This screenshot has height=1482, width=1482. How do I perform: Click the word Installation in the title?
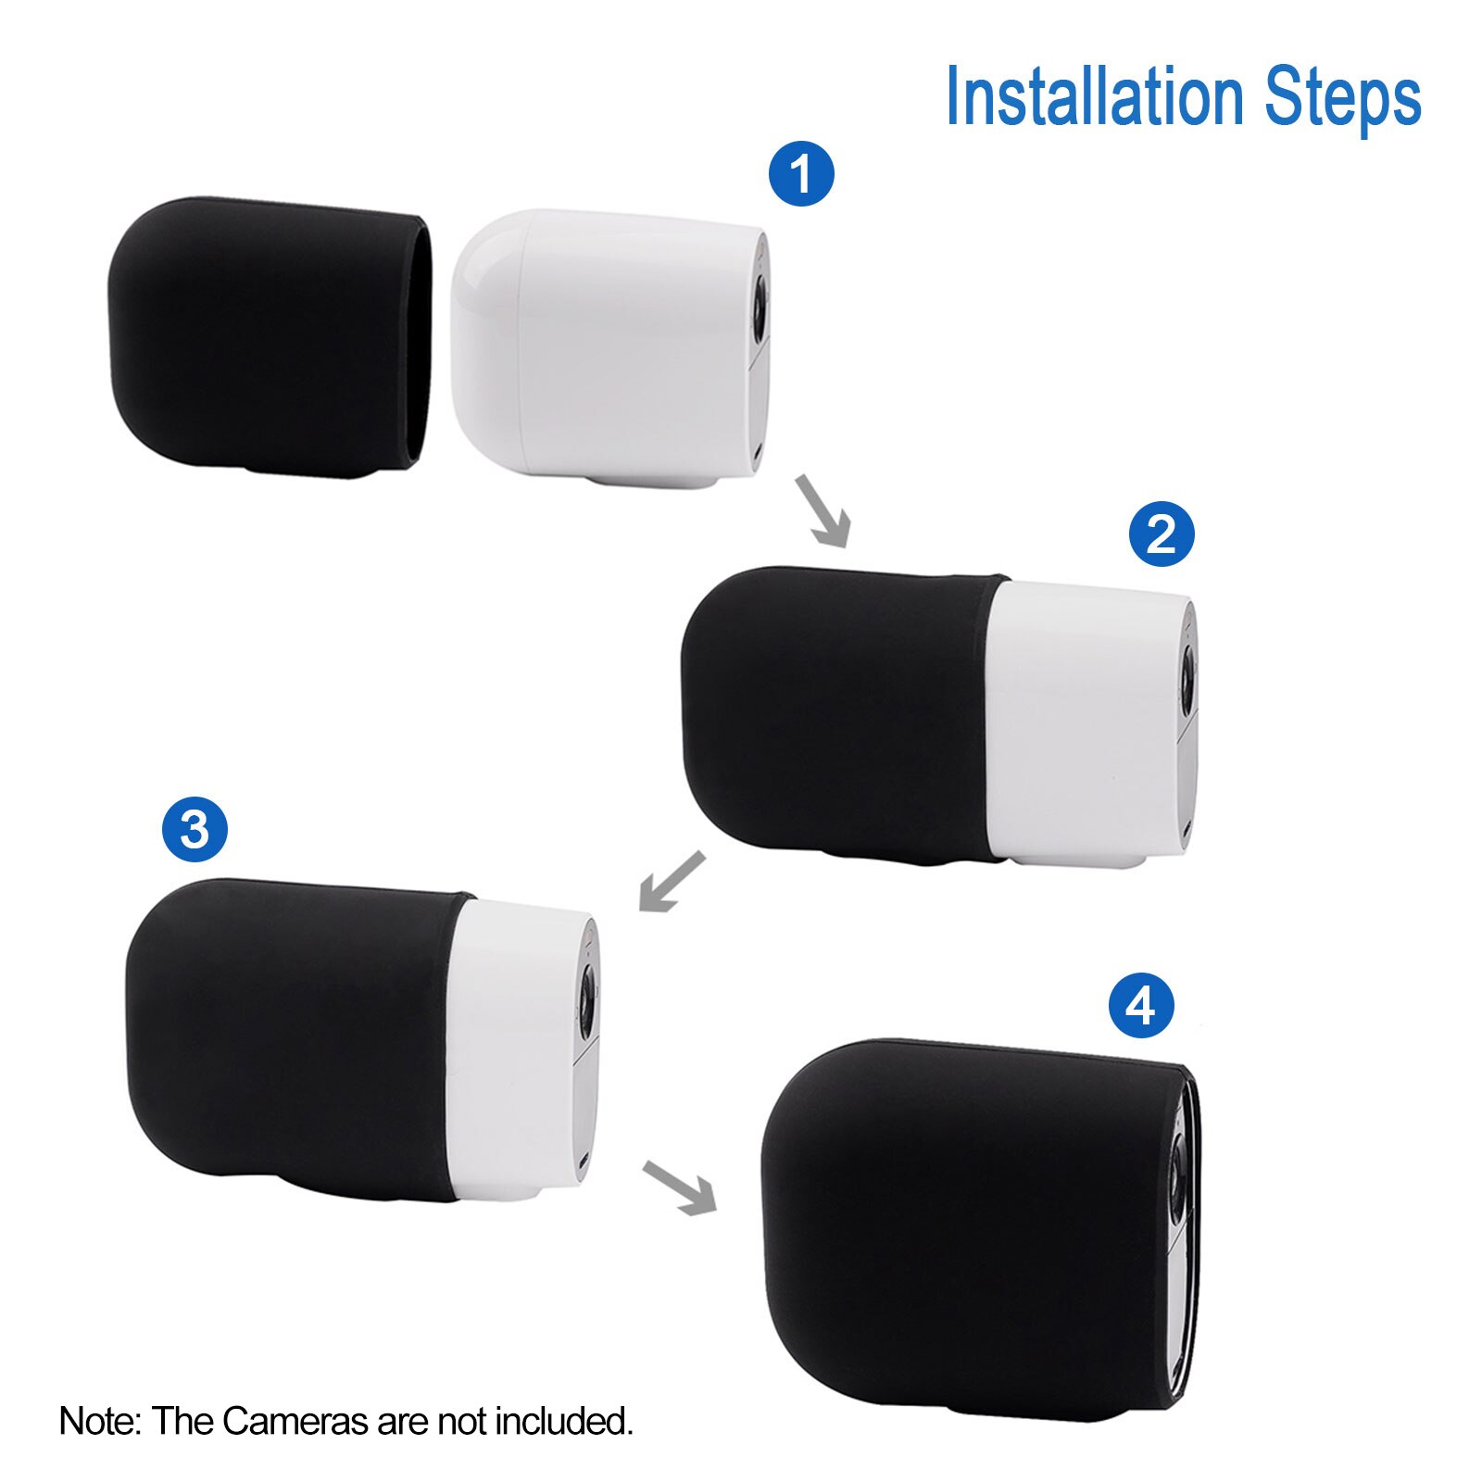[x=1094, y=96]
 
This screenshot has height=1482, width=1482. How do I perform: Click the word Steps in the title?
[x=1342, y=96]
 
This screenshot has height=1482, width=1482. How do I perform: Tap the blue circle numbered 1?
[x=801, y=173]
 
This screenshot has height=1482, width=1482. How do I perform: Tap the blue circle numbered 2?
[x=1162, y=534]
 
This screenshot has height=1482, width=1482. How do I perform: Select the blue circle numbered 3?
[x=195, y=829]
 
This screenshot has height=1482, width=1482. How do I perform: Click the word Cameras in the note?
[x=295, y=1421]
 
